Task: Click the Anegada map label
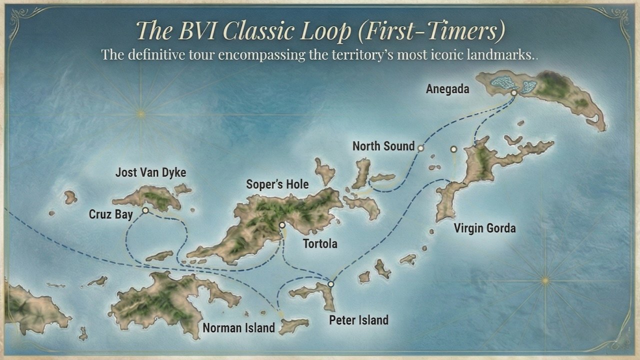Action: click(x=447, y=89)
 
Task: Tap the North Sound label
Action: click(x=383, y=146)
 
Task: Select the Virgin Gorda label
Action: click(x=484, y=228)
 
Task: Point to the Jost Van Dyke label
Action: click(x=150, y=172)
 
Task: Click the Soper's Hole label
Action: click(x=277, y=184)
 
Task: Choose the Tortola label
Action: click(x=320, y=244)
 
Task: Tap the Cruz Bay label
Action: click(x=111, y=214)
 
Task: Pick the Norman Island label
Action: click(x=238, y=328)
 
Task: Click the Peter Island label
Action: click(x=358, y=319)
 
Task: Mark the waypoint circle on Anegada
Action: click(x=513, y=92)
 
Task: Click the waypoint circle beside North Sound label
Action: click(x=420, y=148)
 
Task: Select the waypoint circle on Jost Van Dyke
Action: click(x=145, y=210)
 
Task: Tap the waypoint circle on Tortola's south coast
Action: click(x=282, y=225)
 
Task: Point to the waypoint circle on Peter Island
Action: click(x=330, y=284)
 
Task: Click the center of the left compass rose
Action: click(x=141, y=114)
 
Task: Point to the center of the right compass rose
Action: click(x=545, y=281)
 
